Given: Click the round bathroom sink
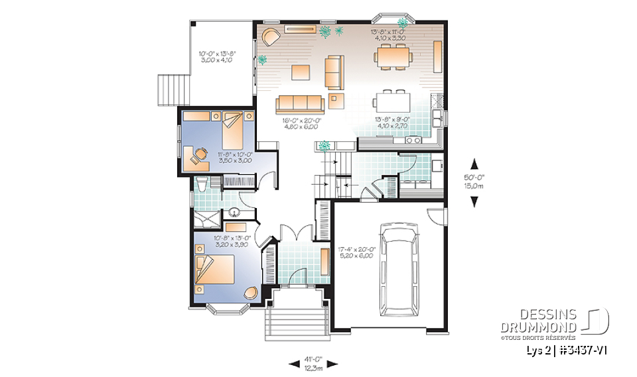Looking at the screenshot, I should tap(234, 212).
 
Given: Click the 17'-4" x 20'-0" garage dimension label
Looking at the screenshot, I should tap(357, 252).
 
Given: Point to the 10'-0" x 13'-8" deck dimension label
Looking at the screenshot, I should tap(218, 56).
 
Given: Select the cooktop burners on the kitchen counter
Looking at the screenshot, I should tap(411, 140).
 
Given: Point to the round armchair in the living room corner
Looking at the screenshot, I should tap(271, 36).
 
